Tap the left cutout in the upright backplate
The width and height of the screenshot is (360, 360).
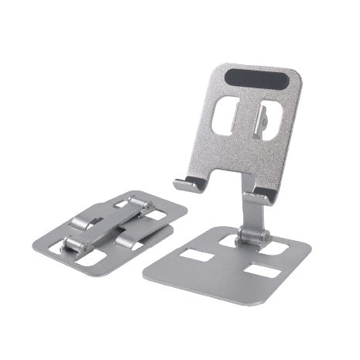[225, 118]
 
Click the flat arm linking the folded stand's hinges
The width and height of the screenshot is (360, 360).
[108, 225]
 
